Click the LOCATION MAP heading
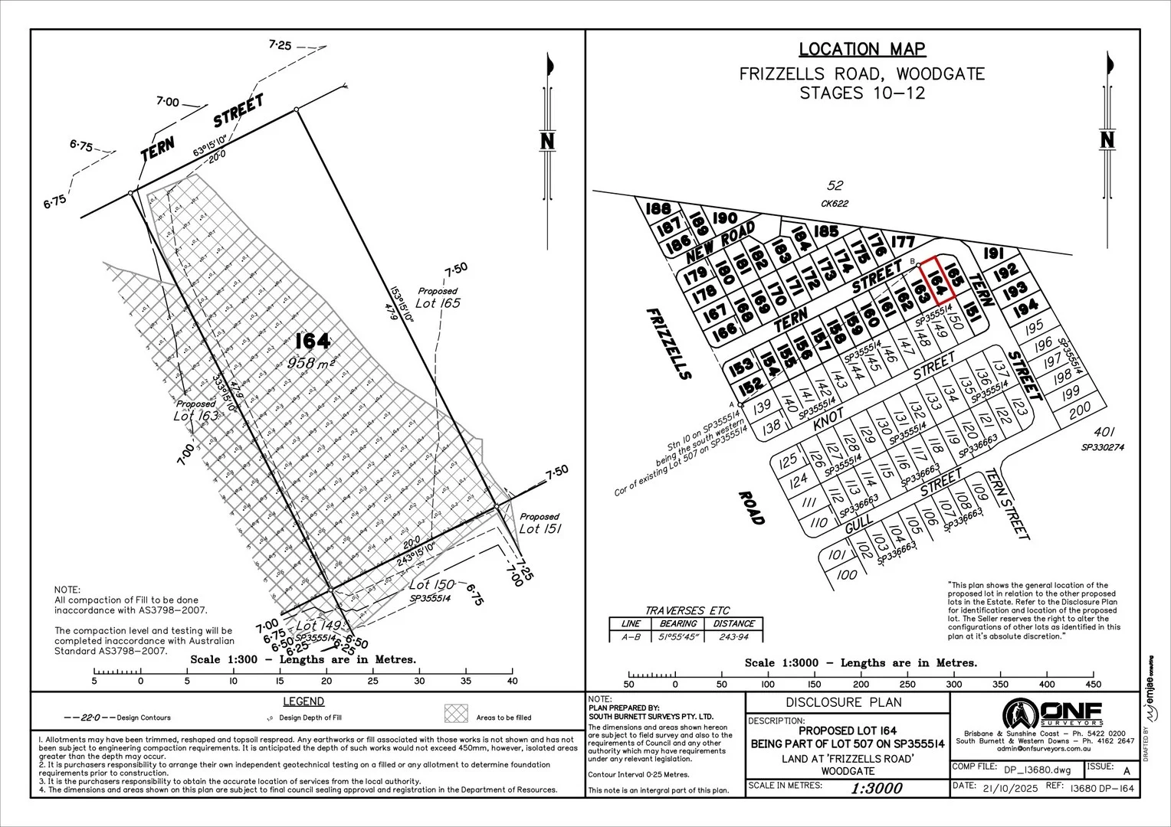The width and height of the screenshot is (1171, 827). [x=862, y=50]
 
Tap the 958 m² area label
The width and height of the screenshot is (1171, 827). [x=312, y=363]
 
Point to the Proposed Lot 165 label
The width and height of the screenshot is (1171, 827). [x=438, y=298]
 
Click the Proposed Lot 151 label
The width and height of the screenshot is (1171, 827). [x=540, y=523]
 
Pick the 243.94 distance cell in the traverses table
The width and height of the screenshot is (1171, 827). [x=733, y=636]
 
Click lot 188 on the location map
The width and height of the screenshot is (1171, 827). [x=658, y=209]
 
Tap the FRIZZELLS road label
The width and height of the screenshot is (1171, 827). [x=669, y=344]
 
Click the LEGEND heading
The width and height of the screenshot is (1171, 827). [x=303, y=701]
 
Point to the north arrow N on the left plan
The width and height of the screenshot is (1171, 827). [x=548, y=141]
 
